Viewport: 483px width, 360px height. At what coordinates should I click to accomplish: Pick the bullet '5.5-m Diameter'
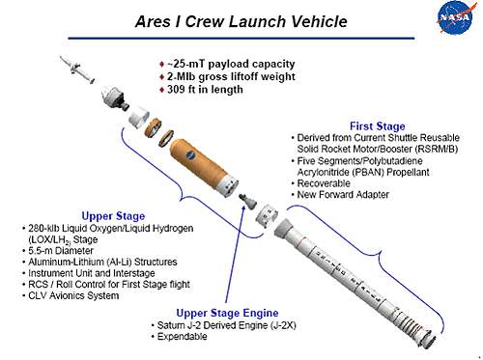coord(58,250)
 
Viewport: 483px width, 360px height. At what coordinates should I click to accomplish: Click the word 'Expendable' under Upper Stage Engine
coord(185,338)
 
